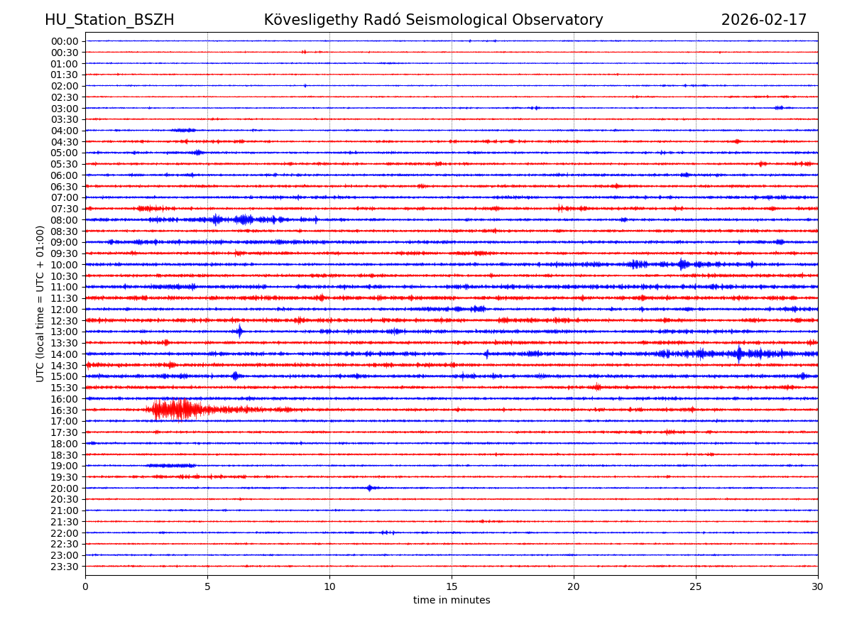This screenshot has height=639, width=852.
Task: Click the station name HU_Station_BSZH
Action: (109, 20)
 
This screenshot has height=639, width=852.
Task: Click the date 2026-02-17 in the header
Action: (764, 20)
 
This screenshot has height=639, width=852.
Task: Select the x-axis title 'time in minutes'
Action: (452, 601)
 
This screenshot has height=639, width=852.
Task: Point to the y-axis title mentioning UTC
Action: (40, 303)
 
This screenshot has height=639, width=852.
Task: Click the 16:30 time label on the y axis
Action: (64, 410)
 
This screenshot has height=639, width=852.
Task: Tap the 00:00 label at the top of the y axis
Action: (64, 41)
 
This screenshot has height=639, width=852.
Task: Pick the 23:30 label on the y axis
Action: (64, 567)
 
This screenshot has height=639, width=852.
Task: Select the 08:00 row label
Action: (64, 220)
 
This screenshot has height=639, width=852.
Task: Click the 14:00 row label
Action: (64, 354)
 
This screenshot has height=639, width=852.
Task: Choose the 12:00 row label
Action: (64, 310)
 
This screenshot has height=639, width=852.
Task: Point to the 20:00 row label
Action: (64, 488)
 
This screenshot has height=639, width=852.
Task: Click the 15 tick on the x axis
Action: (452, 586)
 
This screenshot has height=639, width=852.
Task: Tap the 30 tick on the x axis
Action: (818, 586)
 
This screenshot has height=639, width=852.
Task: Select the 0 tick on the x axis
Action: (85, 586)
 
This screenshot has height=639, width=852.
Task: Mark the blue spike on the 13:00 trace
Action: (240, 332)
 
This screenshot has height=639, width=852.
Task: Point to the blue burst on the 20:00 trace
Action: (369, 488)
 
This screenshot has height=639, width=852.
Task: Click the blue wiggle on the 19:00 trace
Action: (170, 466)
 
